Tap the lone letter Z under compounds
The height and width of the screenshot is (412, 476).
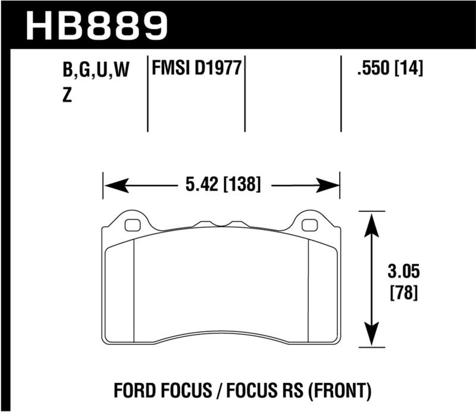tap(67, 95)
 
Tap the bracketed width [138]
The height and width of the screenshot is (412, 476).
tap(242, 186)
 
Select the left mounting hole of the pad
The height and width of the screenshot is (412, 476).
tap(133, 225)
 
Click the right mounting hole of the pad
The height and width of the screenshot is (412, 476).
tap(310, 225)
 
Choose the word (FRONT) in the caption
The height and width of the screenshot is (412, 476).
tap(341, 391)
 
